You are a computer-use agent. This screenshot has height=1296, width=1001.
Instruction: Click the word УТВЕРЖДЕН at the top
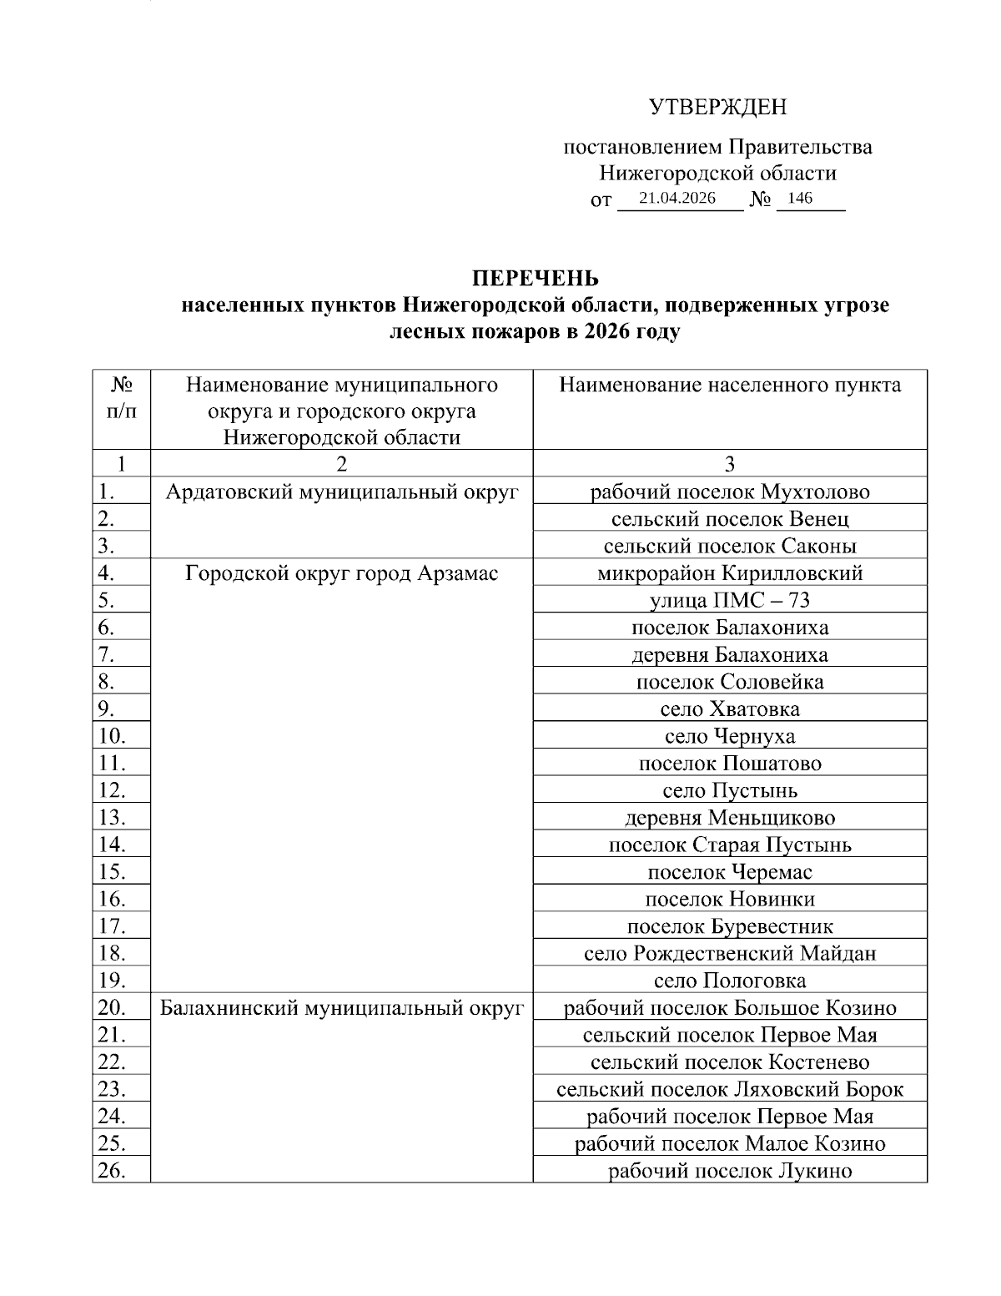[x=717, y=107]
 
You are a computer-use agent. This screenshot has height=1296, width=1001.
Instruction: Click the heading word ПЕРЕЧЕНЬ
[x=536, y=278]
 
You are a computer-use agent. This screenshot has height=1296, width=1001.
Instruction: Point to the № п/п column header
[x=122, y=397]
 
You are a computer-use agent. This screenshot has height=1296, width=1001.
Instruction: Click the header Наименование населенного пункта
[x=730, y=385]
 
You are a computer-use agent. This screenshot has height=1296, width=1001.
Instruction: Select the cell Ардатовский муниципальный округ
[x=341, y=492]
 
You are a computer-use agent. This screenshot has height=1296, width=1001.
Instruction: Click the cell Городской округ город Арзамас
[x=341, y=573]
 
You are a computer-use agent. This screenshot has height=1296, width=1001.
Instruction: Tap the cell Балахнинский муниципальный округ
[x=341, y=1007]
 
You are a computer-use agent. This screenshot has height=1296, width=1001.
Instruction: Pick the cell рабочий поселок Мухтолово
[x=730, y=492]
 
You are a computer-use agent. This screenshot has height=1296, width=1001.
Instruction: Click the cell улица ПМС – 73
[x=730, y=600]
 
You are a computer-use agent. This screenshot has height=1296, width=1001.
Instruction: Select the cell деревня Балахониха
[x=730, y=654]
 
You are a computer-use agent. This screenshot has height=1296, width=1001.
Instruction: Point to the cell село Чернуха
[x=730, y=736]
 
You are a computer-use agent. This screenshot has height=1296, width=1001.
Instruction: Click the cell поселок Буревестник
[x=730, y=925]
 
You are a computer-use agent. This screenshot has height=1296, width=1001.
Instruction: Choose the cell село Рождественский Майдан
[x=730, y=953]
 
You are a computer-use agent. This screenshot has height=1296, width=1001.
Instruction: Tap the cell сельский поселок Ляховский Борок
[x=730, y=1088]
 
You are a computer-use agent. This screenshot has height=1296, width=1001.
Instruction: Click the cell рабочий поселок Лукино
[x=730, y=1170]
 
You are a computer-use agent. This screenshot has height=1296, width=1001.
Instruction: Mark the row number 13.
[x=112, y=817]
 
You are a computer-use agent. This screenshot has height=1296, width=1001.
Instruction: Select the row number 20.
[x=112, y=1007]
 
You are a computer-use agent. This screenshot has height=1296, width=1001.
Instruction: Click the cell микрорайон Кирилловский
[x=730, y=573]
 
